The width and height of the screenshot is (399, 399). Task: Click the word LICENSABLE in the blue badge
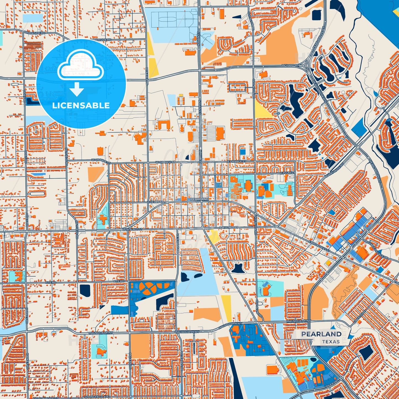point(81,105)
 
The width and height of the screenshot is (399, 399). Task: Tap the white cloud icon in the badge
point(81,67)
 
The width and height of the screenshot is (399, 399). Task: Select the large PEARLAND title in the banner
point(321,334)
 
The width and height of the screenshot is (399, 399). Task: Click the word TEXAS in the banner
point(331,342)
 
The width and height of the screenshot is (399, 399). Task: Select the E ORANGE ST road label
point(237,162)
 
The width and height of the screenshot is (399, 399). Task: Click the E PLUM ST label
point(288,173)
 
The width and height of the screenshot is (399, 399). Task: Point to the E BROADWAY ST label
point(319,246)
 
